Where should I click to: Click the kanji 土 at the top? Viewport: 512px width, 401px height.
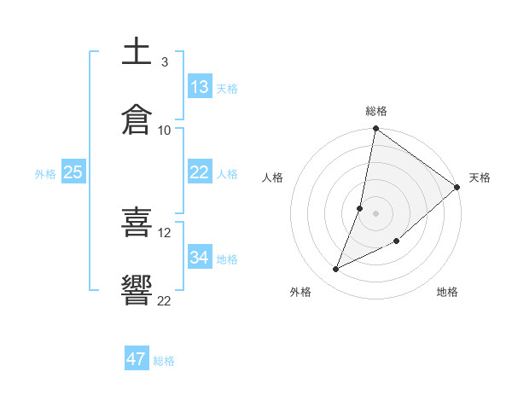click(137, 52)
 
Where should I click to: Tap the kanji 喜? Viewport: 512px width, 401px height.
click(137, 222)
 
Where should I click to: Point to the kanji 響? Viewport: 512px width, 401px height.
click(137, 289)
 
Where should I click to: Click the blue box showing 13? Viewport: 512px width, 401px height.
click(200, 87)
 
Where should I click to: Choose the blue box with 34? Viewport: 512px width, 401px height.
click(200, 258)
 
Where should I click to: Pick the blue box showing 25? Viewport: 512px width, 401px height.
click(73, 172)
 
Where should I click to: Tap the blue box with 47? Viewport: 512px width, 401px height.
click(137, 359)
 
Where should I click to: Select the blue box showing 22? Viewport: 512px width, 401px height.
click(200, 172)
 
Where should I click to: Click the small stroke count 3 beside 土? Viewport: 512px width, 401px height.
click(165, 62)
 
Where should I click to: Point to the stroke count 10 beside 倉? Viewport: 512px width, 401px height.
click(165, 131)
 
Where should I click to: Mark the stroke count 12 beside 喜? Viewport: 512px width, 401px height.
click(165, 232)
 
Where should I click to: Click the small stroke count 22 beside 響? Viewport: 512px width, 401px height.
click(165, 299)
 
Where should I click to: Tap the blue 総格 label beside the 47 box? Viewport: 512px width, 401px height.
click(164, 361)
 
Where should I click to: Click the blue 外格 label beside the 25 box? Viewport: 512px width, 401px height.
click(45, 174)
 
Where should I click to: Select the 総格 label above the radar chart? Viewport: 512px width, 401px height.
click(376, 111)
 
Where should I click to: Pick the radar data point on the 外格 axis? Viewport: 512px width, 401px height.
click(336, 269)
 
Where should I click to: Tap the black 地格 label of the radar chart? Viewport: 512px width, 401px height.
click(447, 293)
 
